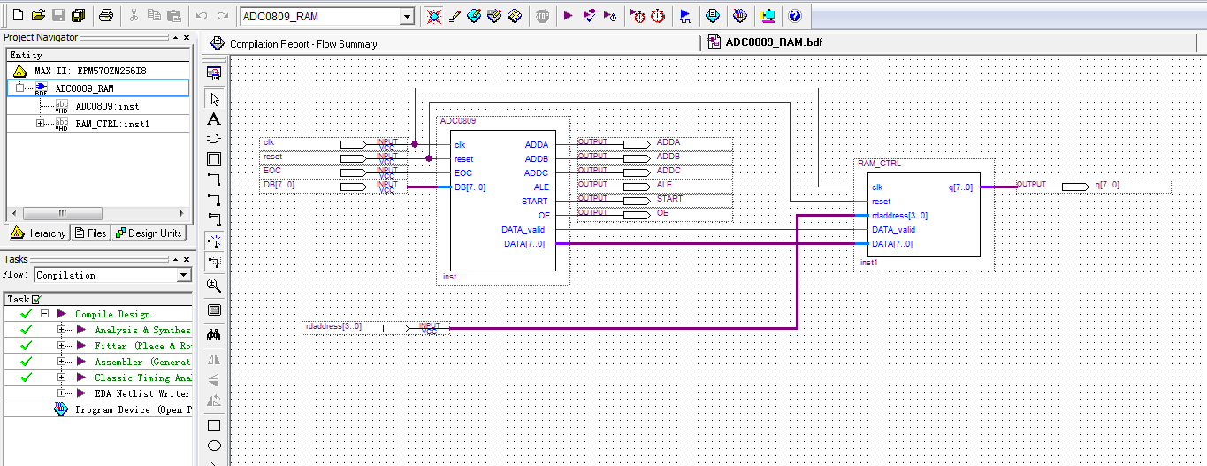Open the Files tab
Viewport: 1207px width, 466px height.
(91, 233)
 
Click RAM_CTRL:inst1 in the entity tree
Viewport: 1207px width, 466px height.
(111, 124)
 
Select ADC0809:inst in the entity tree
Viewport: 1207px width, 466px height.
(107, 106)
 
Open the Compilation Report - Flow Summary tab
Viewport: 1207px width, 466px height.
(302, 44)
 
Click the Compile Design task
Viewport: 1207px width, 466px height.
(112, 314)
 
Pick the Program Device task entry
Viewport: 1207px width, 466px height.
(133, 409)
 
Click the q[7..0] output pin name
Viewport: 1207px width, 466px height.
(1107, 185)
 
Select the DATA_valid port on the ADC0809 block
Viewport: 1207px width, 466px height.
(523, 230)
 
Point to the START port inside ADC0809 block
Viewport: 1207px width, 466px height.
(534, 202)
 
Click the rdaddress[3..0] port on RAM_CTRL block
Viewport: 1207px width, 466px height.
(899, 216)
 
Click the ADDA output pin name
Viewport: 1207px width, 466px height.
(668, 142)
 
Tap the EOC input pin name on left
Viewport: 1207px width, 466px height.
(271, 171)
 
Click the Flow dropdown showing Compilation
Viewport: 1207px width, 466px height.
(112, 275)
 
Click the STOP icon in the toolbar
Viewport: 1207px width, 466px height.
(542, 16)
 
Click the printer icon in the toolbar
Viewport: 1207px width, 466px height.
(106, 16)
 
